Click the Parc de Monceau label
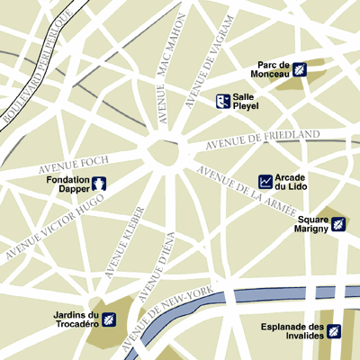tap(273, 70)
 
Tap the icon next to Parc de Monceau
tap(300, 69)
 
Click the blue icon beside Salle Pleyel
tap(221, 101)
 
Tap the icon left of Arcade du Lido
tap(265, 181)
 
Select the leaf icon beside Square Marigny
tap(338, 223)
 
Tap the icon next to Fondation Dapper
tap(101, 184)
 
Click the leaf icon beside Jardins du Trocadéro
tap(109, 319)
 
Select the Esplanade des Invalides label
tap(292, 331)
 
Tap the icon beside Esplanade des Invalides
tap(334, 331)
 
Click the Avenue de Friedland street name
tap(263, 140)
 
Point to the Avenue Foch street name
tap(74, 165)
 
